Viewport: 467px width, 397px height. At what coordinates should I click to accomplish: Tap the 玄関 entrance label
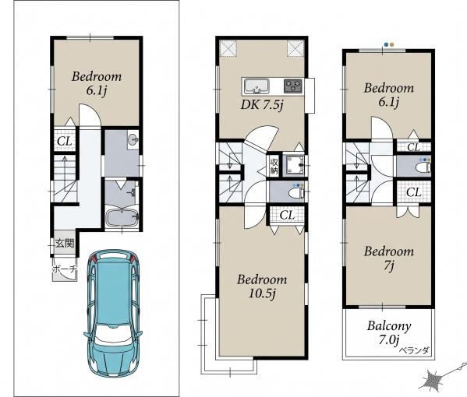(x=65, y=244)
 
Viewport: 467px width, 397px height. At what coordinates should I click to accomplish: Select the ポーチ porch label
(x=65, y=269)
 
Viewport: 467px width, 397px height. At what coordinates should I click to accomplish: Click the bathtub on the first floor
(x=122, y=218)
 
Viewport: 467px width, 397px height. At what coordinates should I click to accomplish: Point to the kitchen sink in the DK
(x=256, y=86)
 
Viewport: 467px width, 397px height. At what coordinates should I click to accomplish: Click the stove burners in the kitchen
(x=293, y=86)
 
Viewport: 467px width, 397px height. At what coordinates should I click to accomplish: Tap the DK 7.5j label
(x=261, y=105)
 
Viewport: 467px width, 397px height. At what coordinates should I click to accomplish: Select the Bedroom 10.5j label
(x=262, y=286)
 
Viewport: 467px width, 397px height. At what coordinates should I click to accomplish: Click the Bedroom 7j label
(x=389, y=258)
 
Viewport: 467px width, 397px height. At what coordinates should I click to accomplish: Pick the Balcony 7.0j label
(x=389, y=332)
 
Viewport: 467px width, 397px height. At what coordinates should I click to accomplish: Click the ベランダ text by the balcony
(x=414, y=351)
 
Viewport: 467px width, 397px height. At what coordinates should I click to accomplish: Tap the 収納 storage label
(x=274, y=167)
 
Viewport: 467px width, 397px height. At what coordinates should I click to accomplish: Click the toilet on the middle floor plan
(x=296, y=193)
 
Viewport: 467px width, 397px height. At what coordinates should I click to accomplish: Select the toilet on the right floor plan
(x=423, y=167)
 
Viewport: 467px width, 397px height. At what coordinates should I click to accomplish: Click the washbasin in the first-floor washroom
(x=133, y=139)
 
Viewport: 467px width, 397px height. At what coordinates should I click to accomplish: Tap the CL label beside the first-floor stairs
(x=65, y=142)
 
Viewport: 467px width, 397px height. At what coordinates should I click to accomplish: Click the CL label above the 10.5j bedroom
(x=287, y=215)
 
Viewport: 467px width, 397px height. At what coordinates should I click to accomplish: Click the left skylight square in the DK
(x=228, y=48)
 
